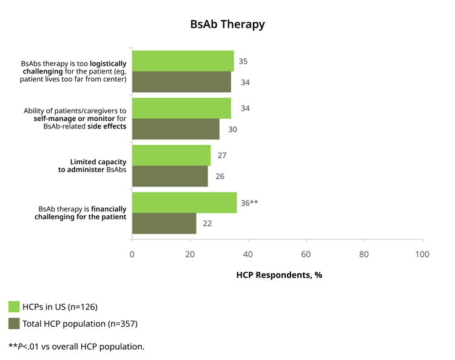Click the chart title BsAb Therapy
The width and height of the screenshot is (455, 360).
(x=227, y=24)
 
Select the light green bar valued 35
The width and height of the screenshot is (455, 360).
(x=183, y=61)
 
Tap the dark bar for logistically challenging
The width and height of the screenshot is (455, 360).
(x=181, y=82)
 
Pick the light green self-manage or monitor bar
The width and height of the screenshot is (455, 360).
(x=181, y=108)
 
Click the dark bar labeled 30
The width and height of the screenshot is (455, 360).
(x=176, y=129)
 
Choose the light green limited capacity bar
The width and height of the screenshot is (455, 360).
(x=172, y=155)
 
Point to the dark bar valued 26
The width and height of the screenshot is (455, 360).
(x=170, y=176)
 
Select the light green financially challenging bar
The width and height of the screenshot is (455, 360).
(x=184, y=202)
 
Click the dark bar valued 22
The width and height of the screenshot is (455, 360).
(x=164, y=224)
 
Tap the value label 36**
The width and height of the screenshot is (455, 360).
(x=249, y=203)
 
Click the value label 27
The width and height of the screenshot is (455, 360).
(x=222, y=155)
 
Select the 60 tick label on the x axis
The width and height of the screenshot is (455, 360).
(x=306, y=254)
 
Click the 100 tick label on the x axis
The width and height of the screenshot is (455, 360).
(x=422, y=254)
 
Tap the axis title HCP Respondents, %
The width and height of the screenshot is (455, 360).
(x=279, y=275)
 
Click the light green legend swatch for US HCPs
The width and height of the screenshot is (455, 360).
(x=14, y=307)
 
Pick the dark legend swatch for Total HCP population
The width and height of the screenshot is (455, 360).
(x=14, y=324)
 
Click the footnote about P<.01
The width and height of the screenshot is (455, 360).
(x=76, y=347)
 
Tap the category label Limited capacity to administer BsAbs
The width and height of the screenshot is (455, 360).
(x=92, y=166)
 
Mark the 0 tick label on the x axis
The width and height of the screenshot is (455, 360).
(x=132, y=254)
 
